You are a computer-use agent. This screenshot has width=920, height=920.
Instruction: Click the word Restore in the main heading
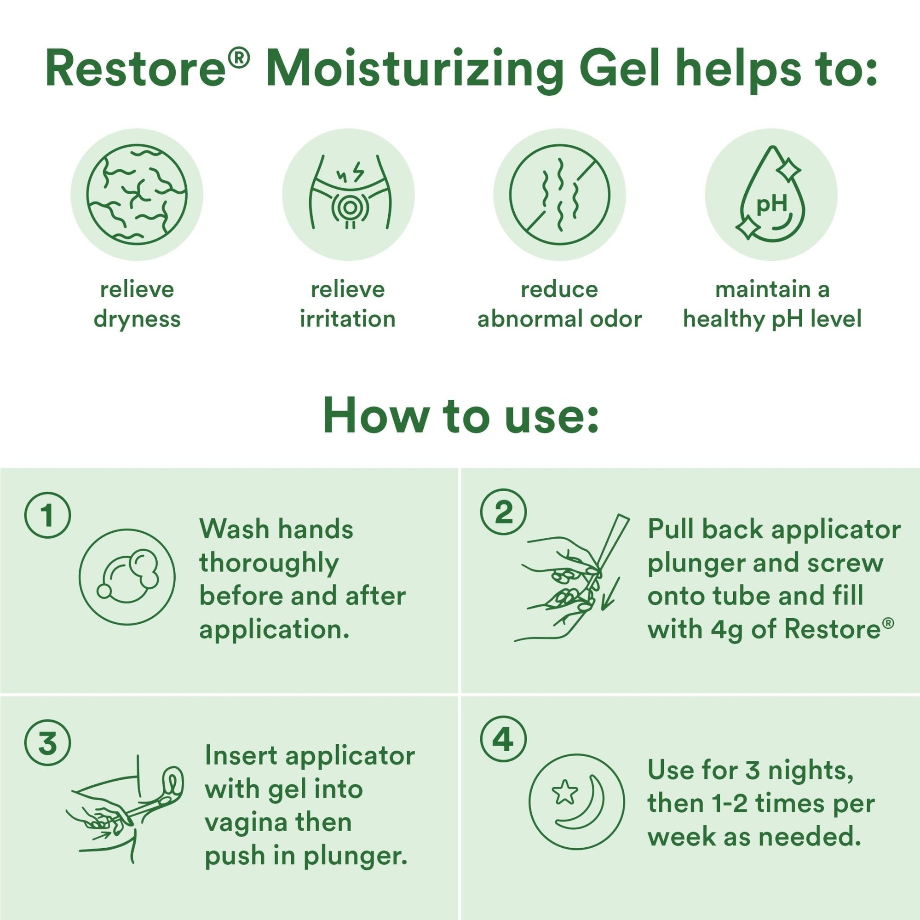click(x=136, y=69)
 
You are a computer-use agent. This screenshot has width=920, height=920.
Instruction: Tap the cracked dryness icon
click(x=137, y=195)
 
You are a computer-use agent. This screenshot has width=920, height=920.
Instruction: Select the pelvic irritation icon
click(x=349, y=195)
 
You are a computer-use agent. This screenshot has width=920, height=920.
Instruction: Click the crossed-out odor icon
click(x=559, y=195)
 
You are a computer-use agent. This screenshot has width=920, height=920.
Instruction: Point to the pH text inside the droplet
click(x=771, y=205)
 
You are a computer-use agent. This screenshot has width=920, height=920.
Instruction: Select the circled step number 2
click(x=503, y=513)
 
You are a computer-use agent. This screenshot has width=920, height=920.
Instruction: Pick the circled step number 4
click(x=503, y=741)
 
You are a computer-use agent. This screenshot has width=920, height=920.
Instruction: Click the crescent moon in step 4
click(x=585, y=805)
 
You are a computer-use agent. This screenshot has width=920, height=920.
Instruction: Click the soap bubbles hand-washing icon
click(x=127, y=577)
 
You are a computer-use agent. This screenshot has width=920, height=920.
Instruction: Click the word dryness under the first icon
click(x=137, y=319)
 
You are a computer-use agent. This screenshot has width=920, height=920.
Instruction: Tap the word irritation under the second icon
click(x=348, y=319)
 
